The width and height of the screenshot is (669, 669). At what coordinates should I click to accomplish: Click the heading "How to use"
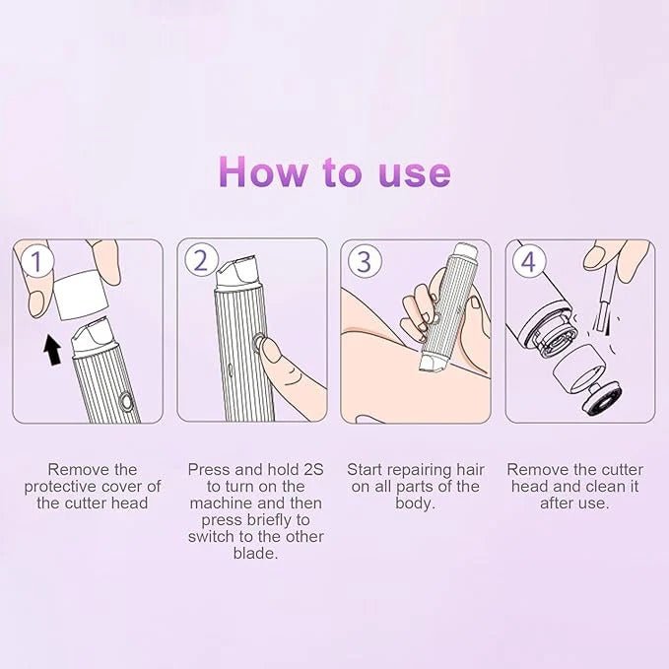pos(334,171)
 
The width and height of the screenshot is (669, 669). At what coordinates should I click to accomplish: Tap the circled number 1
pos(37,262)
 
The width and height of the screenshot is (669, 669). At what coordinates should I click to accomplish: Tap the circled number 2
pos(202,261)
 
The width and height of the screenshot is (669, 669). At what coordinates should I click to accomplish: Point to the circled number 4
pos(530,262)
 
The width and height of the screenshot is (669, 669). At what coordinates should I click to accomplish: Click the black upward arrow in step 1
pos(50,348)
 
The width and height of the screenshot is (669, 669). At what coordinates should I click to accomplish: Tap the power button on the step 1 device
pos(125,402)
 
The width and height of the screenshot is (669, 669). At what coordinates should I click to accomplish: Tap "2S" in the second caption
pos(310,469)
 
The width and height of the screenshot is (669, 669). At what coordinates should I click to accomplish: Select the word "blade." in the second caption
pos(255,554)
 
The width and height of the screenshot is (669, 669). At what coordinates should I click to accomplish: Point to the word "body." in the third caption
pos(415,502)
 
